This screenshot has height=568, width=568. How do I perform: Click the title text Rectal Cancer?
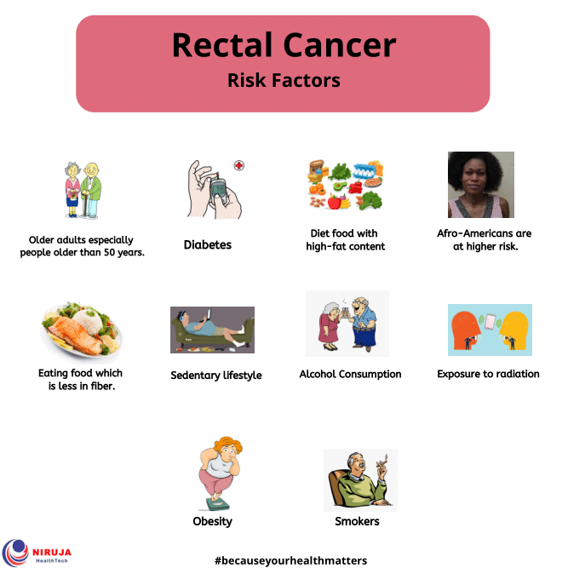click(284, 45)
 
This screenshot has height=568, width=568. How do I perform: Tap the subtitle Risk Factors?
click(284, 81)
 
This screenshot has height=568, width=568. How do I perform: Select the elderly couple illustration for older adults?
click(83, 192)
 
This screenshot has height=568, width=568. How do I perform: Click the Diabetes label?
click(208, 245)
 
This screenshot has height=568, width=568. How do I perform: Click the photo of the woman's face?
click(481, 185)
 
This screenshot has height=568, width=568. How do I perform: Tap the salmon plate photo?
click(82, 329)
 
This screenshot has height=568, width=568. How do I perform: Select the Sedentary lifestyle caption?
click(216, 375)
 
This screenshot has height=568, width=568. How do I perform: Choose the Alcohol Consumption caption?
click(350, 374)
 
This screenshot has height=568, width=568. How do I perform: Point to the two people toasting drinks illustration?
click(347, 323)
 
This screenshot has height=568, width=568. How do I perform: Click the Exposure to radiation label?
click(488, 374)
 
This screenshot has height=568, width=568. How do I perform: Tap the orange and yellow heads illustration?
click(490, 330)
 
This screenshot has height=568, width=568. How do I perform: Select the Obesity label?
click(213, 521)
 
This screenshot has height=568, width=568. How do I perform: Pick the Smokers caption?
click(358, 521)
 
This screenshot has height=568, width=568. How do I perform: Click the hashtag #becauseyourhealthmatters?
click(290, 559)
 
